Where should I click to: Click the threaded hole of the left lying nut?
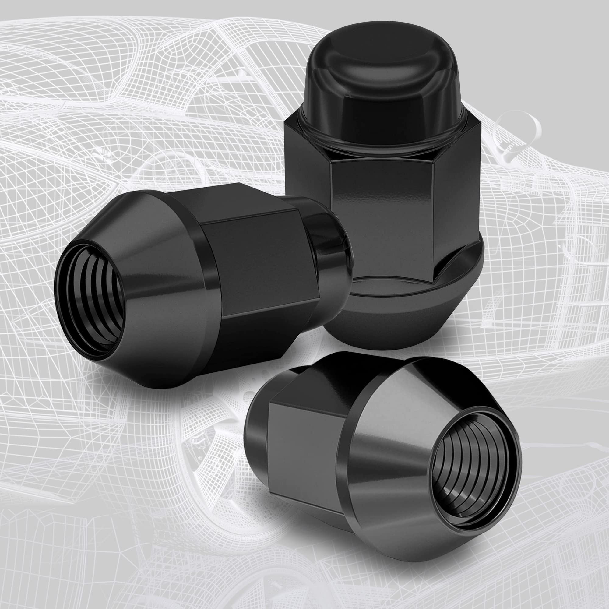point(90,299)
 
